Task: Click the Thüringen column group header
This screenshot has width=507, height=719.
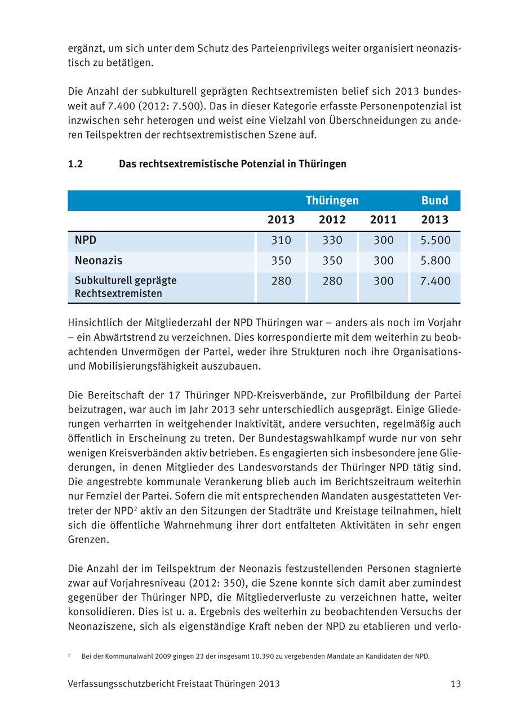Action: (332, 201)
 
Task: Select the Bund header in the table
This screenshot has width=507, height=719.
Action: (435, 201)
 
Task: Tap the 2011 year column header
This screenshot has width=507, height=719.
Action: (383, 220)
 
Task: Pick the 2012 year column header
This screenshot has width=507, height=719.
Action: (332, 220)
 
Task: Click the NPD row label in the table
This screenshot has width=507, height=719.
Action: (86, 240)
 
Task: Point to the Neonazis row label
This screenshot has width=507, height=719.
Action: (99, 260)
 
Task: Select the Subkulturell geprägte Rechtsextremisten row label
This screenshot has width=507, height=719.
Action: (126, 287)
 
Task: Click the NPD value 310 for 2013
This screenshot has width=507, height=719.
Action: (281, 241)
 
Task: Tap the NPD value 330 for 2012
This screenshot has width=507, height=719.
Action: (332, 241)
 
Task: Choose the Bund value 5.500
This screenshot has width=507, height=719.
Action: (435, 241)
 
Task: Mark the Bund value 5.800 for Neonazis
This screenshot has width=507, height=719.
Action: (435, 261)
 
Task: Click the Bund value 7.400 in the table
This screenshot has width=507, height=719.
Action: (435, 281)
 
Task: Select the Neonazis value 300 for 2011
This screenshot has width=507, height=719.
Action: (384, 261)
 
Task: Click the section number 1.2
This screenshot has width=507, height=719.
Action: (75, 164)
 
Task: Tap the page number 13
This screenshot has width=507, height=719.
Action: (456, 684)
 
